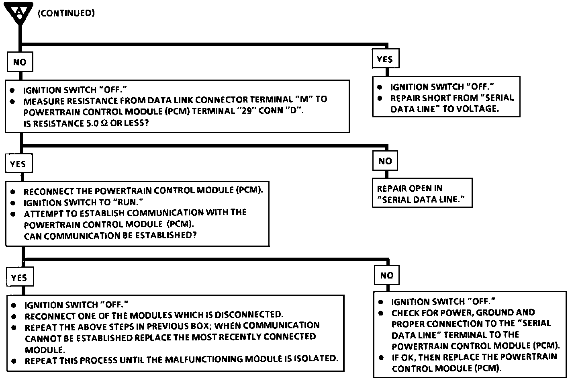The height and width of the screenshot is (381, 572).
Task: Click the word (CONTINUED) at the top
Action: pos(66,13)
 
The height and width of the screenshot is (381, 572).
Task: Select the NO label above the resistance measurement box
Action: pos(19,62)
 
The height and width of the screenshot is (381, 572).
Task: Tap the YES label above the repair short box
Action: pos(385,59)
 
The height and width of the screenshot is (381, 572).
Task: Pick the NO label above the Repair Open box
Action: pos(385,161)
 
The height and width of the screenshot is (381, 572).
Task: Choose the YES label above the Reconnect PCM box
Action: pos(18,164)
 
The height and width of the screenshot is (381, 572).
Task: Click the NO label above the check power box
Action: pos(386,275)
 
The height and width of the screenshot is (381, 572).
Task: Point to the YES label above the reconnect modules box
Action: pos(19,278)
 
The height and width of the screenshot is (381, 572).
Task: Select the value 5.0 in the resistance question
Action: pos(92,123)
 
